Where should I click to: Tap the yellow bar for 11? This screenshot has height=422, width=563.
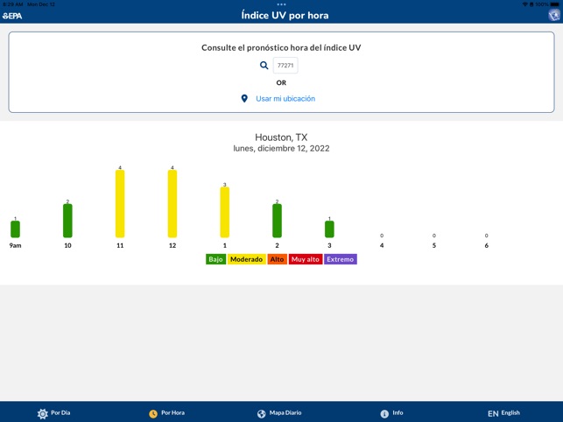pos(120,204)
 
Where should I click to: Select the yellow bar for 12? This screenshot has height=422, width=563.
pos(172,204)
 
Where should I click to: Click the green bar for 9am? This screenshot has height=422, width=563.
pos(15,229)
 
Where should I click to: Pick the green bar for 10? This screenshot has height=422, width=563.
pos(67,221)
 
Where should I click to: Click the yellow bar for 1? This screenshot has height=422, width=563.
pos(225,213)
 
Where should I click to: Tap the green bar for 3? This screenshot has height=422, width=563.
pos(329,229)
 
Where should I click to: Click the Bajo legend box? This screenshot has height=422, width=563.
pos(215,259)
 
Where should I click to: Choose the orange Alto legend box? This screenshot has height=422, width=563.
pos(277,259)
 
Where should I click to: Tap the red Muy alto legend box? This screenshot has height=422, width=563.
pos(306,259)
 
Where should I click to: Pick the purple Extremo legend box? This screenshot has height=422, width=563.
pos(341,259)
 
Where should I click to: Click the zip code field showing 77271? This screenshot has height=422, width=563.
pos(285,66)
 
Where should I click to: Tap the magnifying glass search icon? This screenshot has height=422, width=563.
pos(264,66)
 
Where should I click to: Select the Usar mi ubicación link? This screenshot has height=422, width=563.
pos(285,99)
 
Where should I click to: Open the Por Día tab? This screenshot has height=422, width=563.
pos(53,412)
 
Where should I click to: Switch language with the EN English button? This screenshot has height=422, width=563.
pos(503,412)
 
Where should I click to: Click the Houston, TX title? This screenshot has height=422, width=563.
pos(281,137)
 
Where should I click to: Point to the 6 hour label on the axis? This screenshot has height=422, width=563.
pos(486,245)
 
